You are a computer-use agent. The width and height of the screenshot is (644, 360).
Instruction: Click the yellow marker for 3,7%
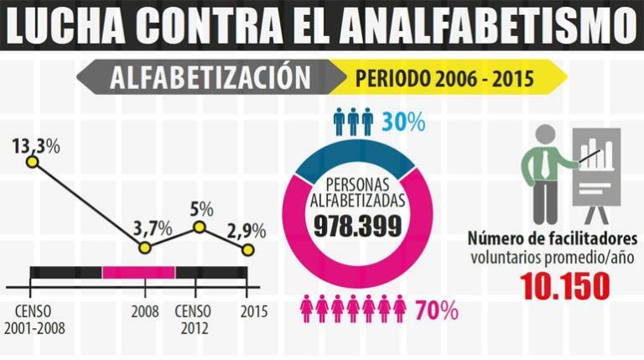tap(144, 248)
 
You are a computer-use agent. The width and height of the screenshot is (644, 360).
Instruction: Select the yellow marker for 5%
tap(200, 227)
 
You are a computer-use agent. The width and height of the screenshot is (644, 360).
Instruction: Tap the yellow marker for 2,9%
tap(247, 250)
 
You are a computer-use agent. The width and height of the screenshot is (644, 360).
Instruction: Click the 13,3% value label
tap(35, 145)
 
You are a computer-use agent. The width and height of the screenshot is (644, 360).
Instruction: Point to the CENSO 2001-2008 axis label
tap(33, 319)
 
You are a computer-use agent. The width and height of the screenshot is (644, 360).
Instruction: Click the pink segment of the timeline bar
tap(138, 272)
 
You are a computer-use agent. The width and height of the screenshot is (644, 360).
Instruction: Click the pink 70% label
tap(438, 311)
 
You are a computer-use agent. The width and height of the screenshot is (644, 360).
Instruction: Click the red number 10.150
tap(564, 286)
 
